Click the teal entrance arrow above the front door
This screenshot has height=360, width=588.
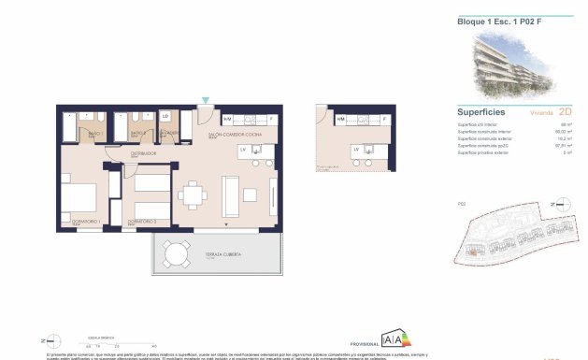coord(206,100)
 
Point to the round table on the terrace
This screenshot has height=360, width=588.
coord(172,254)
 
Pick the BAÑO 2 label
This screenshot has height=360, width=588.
coord(135,135)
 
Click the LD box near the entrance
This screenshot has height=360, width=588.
coord(165,116)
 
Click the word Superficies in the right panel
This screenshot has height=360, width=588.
coord(481,110)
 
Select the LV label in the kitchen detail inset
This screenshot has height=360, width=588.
coord(356,149)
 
